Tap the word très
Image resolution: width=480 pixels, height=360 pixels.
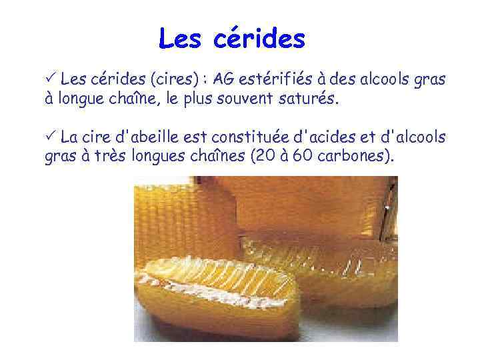[100, 157]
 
